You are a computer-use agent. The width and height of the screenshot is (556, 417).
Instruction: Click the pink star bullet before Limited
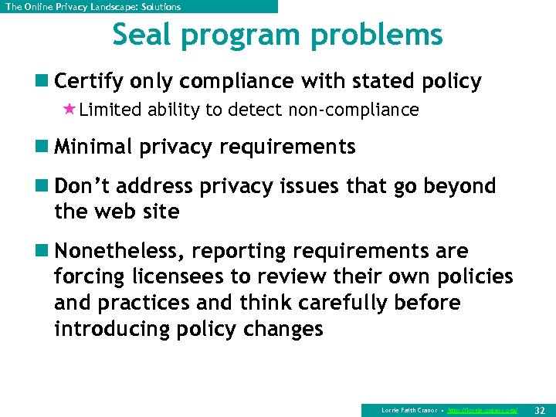click(69, 110)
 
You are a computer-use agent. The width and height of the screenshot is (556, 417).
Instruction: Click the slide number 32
click(539, 410)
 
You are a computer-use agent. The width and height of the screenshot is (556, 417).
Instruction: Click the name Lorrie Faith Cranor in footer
click(409, 410)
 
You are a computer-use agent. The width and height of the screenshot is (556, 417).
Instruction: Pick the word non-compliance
click(353, 110)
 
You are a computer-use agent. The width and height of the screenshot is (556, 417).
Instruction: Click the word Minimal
click(94, 147)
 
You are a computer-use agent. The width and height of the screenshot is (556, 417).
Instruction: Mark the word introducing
click(114, 329)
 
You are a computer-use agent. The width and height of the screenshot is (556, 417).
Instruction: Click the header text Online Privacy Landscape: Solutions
click(93, 7)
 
